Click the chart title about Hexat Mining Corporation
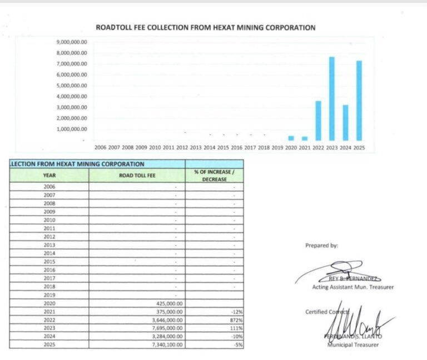206,27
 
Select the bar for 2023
331,98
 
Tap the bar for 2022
318,121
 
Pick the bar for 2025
359,101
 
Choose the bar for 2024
345,123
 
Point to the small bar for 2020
291,138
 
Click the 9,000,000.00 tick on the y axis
72,42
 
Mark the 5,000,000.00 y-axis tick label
72,86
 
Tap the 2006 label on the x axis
100,148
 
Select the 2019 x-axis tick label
277,148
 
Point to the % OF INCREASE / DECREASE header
214,176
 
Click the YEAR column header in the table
49,176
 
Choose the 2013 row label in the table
49,245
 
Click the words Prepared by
321,245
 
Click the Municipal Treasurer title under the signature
353,345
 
